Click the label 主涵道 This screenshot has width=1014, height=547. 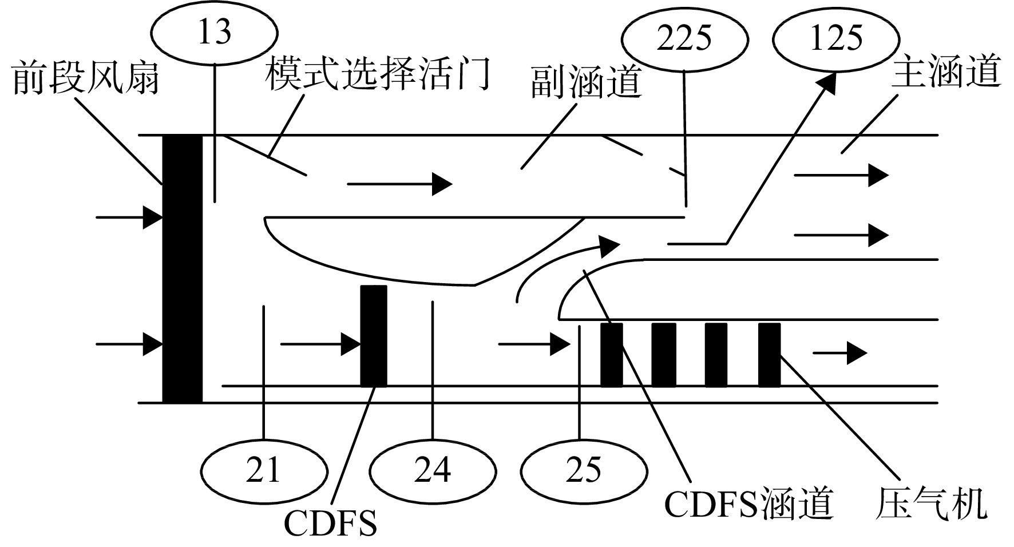click(x=946, y=72)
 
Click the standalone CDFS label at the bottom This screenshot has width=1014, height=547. click(x=331, y=524)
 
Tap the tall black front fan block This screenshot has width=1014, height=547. click(x=182, y=269)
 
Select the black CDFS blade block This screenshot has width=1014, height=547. click(x=374, y=335)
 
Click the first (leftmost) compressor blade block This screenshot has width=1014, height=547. click(x=611, y=355)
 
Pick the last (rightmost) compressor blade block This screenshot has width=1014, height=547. click(x=770, y=355)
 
